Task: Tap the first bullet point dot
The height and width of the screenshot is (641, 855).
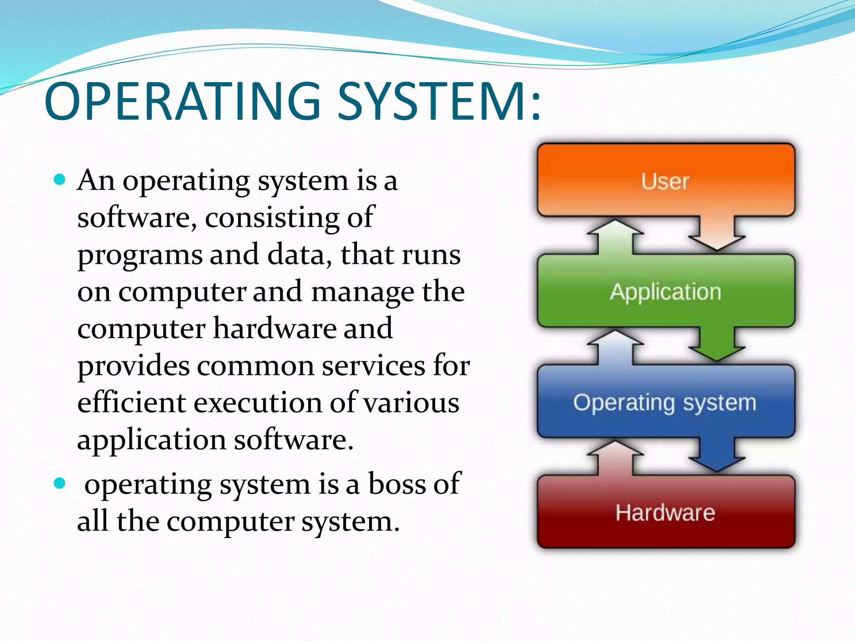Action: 61,180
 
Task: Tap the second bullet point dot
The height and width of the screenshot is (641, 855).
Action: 61,484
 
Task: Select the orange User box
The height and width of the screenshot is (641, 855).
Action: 665,181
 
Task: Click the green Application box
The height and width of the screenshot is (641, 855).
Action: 665,291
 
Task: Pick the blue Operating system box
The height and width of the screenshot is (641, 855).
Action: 665,402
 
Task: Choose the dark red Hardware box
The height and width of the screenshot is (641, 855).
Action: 665,512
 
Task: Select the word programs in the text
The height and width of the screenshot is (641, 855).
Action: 140,255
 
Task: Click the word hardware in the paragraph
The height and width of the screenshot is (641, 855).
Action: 274,328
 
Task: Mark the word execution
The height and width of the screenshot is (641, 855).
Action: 258,403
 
